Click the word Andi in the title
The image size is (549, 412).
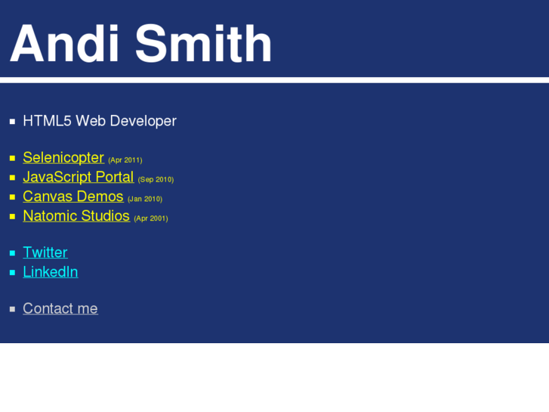click(x=64, y=44)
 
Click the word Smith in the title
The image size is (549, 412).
click(x=203, y=44)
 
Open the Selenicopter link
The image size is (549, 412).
click(x=63, y=158)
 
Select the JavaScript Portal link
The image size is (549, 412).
click(x=78, y=177)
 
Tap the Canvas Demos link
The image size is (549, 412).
click(x=72, y=197)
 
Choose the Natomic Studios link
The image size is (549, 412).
click(x=76, y=216)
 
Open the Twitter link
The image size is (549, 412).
click(x=45, y=252)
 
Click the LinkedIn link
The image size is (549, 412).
click(x=50, y=272)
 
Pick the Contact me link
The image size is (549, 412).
click(x=60, y=308)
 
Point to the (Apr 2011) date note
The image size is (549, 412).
click(x=125, y=160)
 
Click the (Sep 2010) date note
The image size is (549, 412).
click(x=156, y=180)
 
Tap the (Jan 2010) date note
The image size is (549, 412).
click(x=145, y=199)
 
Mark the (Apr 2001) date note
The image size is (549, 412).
click(x=151, y=218)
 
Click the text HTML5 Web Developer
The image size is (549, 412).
click(x=100, y=121)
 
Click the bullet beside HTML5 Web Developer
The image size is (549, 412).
click(x=12, y=122)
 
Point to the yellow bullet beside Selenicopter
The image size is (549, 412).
click(x=12, y=159)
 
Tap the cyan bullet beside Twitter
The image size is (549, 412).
click(x=12, y=253)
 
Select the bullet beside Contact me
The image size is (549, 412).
click(x=12, y=309)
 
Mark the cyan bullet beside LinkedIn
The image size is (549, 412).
click(x=12, y=273)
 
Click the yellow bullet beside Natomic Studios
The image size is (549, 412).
click(x=12, y=217)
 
